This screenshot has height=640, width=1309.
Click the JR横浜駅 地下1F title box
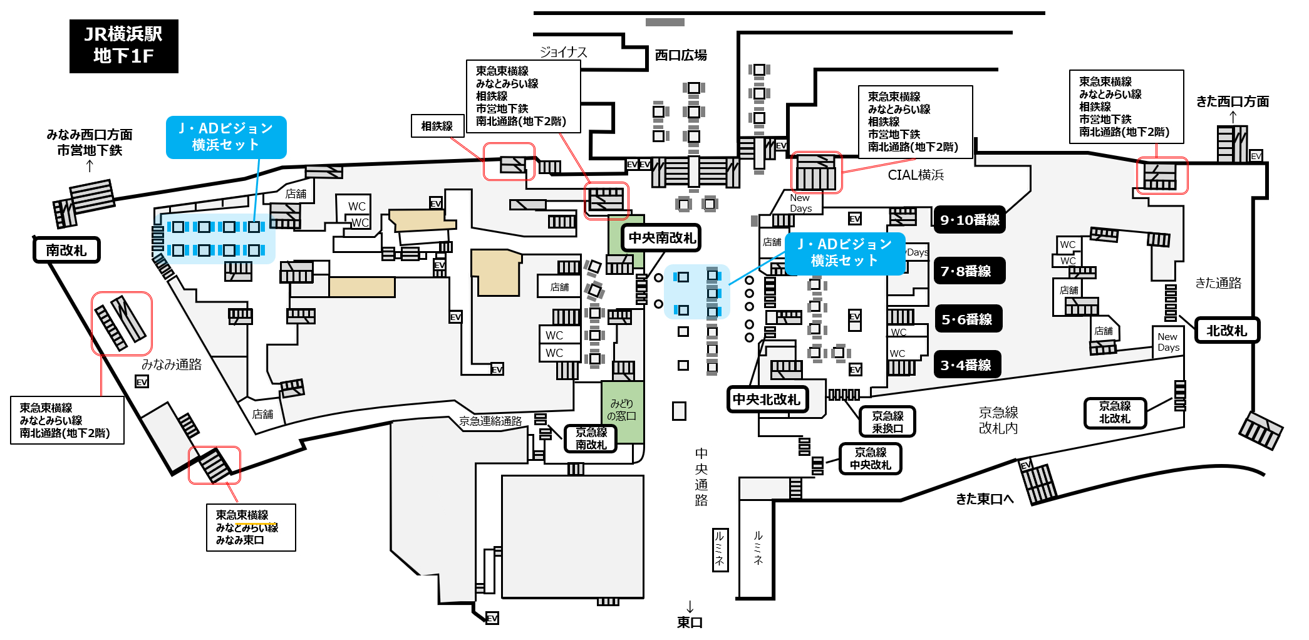(124, 46)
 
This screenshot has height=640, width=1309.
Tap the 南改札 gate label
(66, 250)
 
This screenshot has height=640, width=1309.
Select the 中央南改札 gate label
(661, 238)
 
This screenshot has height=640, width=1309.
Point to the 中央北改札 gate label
(767, 400)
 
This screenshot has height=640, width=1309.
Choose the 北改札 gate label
(1227, 330)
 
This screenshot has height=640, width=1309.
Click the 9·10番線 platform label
(970, 220)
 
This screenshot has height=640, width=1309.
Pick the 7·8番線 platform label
(970, 271)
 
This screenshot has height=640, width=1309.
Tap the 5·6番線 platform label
(968, 319)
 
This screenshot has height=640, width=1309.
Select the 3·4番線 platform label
(967, 364)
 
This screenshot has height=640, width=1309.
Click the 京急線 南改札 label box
(591, 438)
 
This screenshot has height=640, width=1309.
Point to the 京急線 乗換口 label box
(887, 421)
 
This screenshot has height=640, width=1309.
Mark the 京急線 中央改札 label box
(870, 458)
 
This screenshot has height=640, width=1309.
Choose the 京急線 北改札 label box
(1115, 413)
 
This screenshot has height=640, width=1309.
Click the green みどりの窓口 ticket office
(623, 411)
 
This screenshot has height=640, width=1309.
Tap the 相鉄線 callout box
(437, 126)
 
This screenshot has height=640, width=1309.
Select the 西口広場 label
(681, 55)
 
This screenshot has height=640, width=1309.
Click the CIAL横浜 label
(916, 175)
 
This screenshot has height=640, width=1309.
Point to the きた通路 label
(1218, 283)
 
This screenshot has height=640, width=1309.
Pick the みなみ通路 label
(172, 364)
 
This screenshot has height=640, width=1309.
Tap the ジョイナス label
(563, 52)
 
